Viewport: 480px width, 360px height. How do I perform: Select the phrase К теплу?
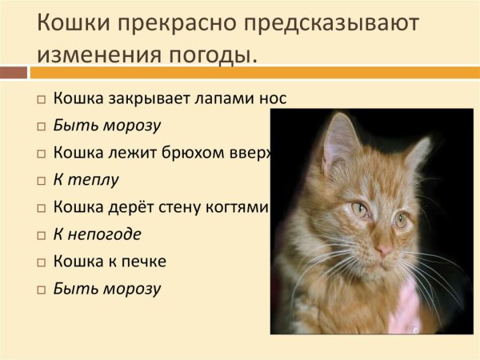tap(86, 179)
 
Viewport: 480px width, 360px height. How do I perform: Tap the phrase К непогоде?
tap(97, 234)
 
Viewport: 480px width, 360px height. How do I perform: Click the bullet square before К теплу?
tap(41, 181)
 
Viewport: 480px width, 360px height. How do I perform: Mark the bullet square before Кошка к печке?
tap(41, 262)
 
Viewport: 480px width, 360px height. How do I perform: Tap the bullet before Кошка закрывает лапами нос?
tap(41, 100)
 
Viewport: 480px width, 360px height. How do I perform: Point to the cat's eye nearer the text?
tap(359, 209)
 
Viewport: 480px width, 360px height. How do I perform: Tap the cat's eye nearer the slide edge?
tap(401, 218)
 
